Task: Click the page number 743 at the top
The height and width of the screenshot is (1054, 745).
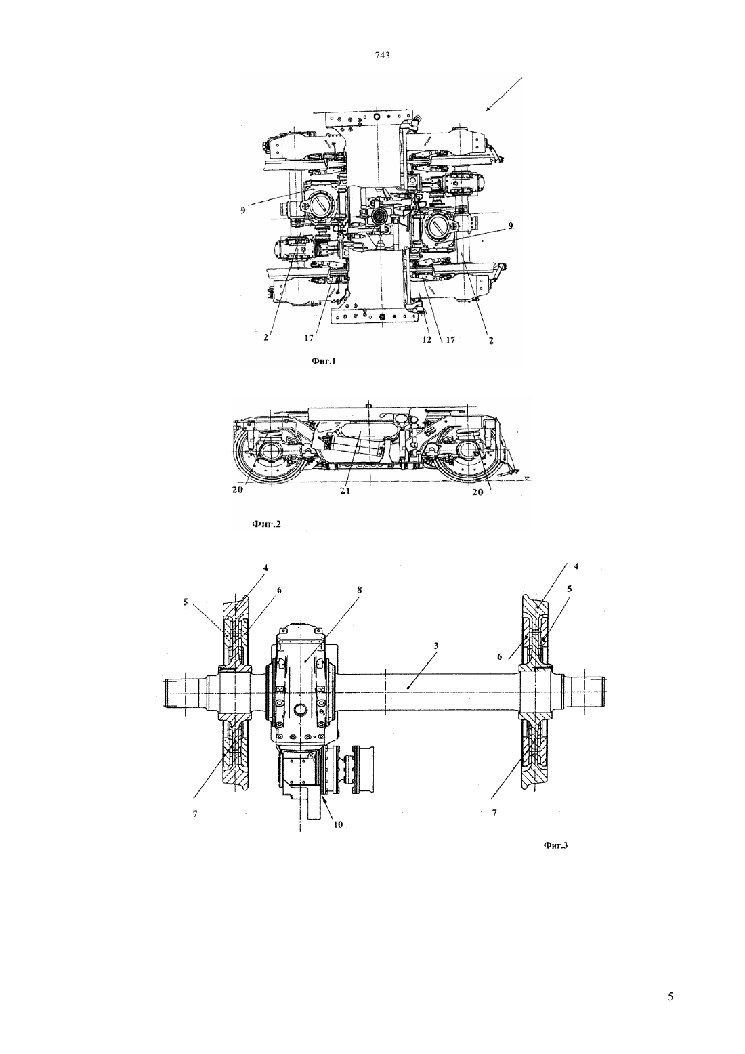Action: coord(383,56)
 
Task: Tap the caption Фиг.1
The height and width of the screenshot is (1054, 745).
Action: coord(324,361)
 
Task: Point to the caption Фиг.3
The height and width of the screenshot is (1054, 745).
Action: coord(555,845)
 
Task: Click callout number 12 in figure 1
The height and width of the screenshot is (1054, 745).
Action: coord(427,340)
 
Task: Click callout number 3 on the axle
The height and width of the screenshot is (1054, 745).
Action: coord(436,646)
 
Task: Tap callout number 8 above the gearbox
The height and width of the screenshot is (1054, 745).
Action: coord(360,589)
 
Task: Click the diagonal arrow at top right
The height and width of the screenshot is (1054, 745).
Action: coord(504,94)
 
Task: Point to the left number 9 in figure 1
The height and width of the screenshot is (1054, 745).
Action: coord(242,211)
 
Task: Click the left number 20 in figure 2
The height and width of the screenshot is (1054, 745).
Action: coord(237,490)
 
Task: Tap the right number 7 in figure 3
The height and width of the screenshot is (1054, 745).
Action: coord(494,812)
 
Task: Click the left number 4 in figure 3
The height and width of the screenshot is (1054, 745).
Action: coord(265,568)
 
